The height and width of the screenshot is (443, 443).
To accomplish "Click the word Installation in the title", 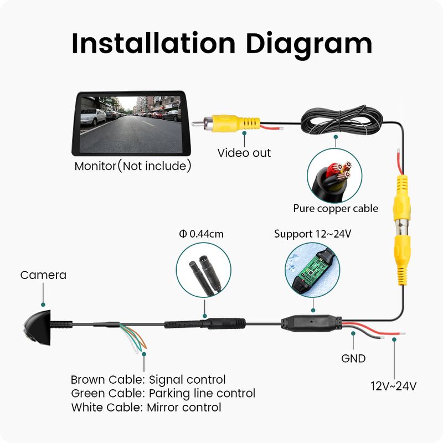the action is pos(153,43).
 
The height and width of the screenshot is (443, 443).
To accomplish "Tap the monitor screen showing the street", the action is pos(131,124).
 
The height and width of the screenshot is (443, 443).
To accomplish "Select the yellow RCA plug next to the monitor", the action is pos(226,123).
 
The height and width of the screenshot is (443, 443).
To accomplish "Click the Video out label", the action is pos(244,153).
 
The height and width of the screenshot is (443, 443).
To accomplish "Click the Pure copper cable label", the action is pos(336,209).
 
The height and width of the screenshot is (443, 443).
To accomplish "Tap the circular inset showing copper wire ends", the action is pos(334,176).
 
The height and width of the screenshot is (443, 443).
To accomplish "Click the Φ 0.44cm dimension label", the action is pos(201,234).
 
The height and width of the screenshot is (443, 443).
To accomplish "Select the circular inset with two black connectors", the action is pos(203,270).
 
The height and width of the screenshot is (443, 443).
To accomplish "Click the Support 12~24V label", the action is pos(312,234).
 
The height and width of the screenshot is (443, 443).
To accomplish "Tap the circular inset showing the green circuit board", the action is pos(312,270).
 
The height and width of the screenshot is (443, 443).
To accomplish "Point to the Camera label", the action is pos(43,275).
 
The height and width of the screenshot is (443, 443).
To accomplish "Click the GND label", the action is pos(353,358).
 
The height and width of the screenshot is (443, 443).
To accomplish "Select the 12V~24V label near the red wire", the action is pos(393,386).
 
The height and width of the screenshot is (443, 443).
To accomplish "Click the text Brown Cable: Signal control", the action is pos(148,380).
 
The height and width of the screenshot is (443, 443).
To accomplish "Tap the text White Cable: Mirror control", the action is pos(146,408).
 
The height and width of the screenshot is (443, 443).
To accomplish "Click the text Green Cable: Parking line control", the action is pos(163,394).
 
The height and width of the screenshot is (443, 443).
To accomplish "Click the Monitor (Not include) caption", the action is pos(133,166).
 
